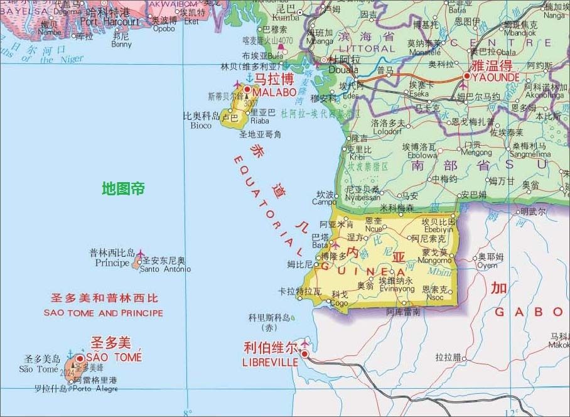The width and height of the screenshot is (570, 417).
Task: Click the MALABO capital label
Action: point(275,92)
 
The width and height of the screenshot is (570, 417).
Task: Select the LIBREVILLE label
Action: point(270,362)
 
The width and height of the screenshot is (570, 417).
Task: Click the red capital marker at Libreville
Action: point(305,354)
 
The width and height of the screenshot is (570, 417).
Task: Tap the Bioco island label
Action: point(202,125)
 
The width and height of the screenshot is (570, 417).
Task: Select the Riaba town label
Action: point(260,121)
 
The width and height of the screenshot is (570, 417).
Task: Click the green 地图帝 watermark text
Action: point(124,188)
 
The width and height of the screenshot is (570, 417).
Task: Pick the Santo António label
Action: point(165,269)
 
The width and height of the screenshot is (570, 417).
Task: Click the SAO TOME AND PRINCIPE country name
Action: point(104,313)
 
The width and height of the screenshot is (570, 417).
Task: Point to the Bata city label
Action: point(320,245)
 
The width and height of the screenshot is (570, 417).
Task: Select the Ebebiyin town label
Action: point(439,230)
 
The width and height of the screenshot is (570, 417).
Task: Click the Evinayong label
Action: point(396,289)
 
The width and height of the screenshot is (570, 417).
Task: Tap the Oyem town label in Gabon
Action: point(487,265)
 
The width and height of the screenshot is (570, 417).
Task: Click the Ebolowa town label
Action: point(422,155)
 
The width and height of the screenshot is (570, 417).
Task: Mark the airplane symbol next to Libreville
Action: point(305,344)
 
